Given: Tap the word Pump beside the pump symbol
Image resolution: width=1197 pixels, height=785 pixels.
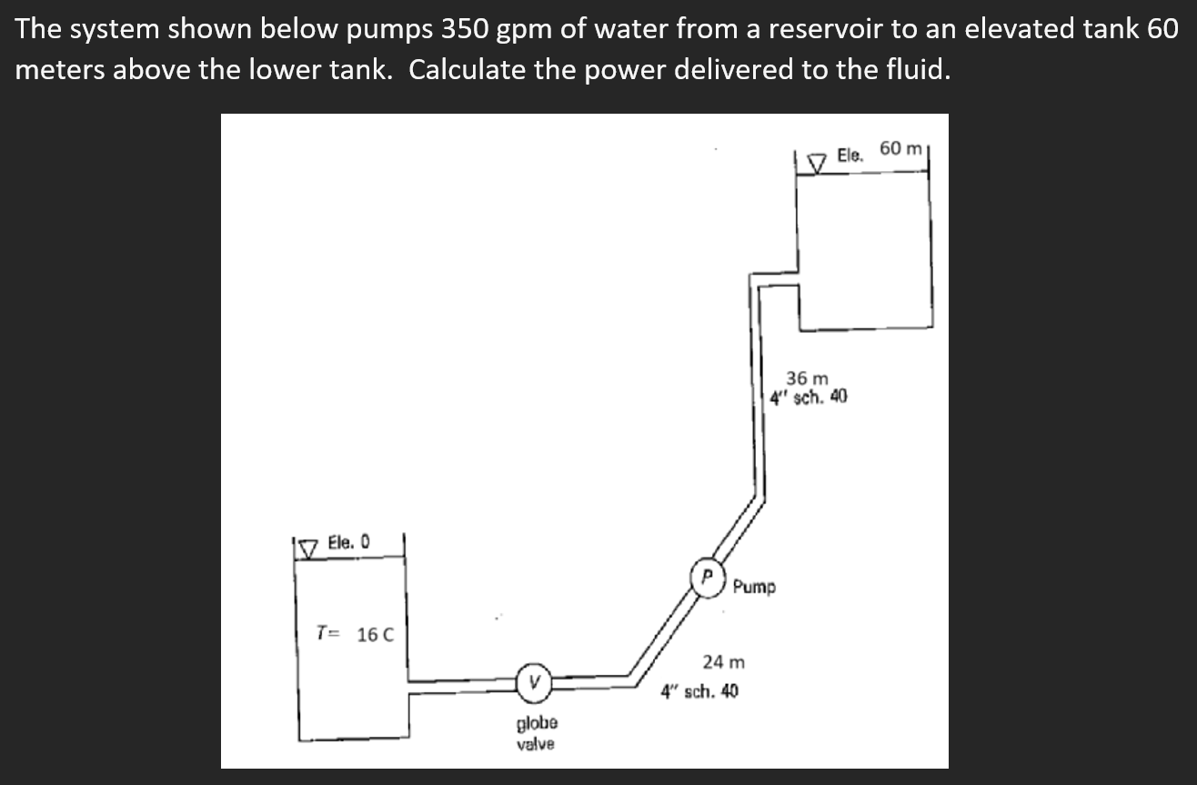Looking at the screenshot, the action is pos(754,587).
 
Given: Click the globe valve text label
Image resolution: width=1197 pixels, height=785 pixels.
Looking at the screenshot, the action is pos(538,733).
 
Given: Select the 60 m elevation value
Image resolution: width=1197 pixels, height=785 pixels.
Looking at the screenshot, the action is pos(901,148).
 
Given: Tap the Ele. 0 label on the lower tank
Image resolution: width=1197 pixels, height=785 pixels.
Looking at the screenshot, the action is pos(348,542).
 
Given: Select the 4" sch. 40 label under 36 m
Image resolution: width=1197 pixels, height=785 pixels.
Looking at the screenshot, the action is pos(809,397).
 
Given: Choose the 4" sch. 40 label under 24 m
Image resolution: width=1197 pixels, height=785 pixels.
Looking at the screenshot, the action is pos(699,690).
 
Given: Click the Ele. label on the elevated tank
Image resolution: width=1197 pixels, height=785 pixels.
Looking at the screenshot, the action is pos(850,155).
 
